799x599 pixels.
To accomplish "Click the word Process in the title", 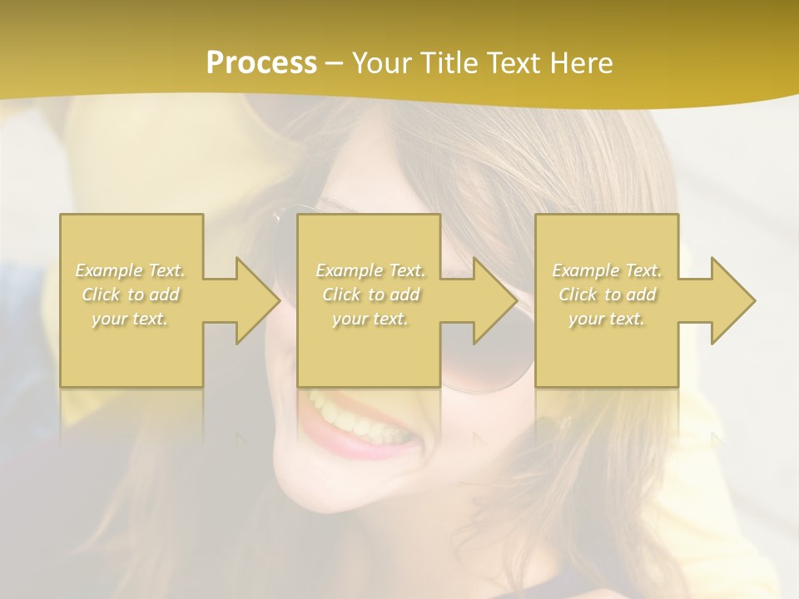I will click(261, 63).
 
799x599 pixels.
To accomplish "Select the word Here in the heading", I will click(580, 63).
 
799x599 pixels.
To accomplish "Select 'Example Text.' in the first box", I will click(131, 270).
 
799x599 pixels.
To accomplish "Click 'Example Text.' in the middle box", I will click(370, 270).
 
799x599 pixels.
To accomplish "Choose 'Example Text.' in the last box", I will click(607, 270).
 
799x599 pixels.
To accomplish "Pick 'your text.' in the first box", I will click(130, 319).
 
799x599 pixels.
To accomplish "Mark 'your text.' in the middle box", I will click(370, 319).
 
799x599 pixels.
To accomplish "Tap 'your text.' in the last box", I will click(607, 319).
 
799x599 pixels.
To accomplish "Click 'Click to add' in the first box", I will click(131, 295).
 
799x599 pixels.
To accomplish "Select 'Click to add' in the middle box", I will click(370, 295).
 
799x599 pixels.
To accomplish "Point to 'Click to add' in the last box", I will click(607, 295).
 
